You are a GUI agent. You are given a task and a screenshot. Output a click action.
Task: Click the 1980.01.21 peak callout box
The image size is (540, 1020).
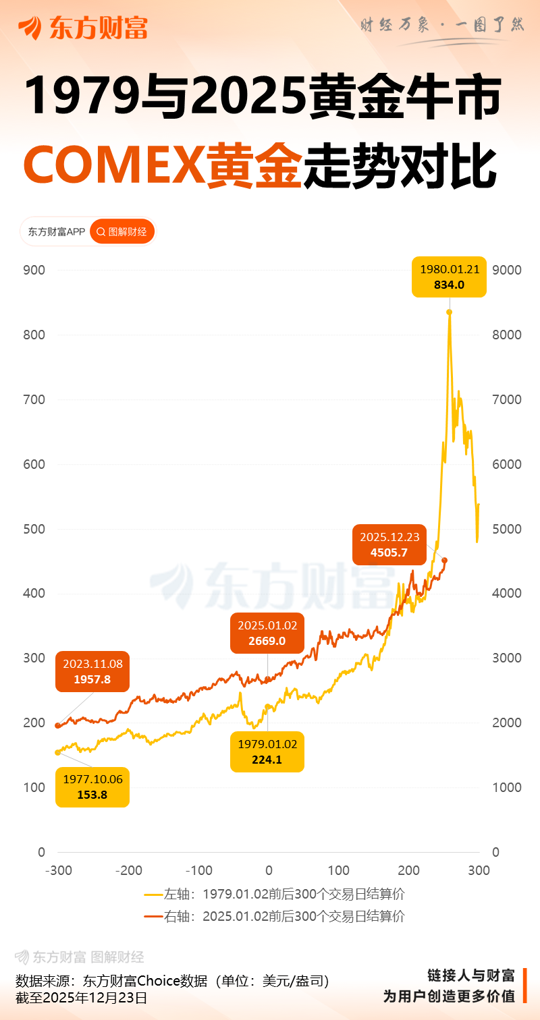(450, 277)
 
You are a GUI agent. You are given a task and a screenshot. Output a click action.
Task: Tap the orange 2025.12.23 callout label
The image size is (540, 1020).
(389, 544)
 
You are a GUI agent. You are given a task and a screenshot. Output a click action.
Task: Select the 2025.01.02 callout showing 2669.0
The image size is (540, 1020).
(267, 633)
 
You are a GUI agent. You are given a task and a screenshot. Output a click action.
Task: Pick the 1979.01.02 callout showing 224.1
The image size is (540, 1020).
(267, 752)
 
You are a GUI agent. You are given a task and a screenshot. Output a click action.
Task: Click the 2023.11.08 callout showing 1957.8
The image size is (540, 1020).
(92, 672)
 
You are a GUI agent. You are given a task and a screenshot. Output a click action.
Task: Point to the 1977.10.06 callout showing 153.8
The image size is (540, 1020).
(92, 787)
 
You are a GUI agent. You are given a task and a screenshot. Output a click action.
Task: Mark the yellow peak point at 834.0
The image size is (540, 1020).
(449, 312)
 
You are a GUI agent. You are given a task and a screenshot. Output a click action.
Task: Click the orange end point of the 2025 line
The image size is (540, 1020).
(444, 560)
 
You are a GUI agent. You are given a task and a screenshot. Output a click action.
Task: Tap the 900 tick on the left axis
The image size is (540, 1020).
(34, 271)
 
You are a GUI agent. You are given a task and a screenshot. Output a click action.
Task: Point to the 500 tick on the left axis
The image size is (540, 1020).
(34, 529)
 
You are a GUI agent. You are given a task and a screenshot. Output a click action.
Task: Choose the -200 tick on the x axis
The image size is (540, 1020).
(129, 870)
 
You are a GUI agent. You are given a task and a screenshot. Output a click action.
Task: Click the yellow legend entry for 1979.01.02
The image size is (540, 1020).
(275, 895)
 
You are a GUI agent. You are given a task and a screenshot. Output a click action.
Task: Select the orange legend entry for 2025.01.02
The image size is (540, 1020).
(275, 916)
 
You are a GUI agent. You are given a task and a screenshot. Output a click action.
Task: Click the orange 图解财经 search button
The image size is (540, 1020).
(122, 231)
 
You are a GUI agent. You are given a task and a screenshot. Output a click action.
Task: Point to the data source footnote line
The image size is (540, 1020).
(172, 981)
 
